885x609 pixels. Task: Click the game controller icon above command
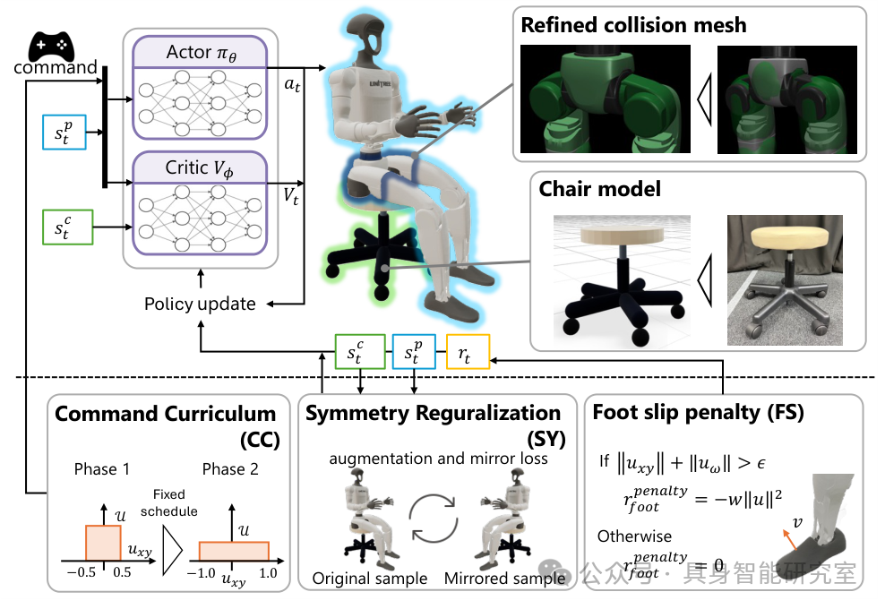point(51,47)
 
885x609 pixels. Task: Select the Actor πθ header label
point(201,53)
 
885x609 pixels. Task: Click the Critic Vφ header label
point(199,167)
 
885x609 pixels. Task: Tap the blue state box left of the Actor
point(64,132)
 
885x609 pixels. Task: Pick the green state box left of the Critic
point(68,227)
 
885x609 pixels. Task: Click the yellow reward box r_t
point(468,352)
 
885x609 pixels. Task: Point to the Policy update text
point(200,304)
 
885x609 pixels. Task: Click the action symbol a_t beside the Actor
point(292,85)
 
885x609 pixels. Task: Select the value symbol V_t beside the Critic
point(291,196)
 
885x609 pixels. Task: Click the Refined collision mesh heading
point(633,25)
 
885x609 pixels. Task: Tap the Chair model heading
point(599,188)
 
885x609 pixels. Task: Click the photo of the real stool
point(785,280)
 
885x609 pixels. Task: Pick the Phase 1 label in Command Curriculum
point(102,469)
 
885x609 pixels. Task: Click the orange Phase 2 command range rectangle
point(234,551)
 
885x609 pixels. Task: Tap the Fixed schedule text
point(168,503)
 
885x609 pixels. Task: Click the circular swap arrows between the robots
point(433,519)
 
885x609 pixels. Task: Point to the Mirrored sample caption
point(504,579)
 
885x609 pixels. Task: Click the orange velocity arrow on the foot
point(789,539)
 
